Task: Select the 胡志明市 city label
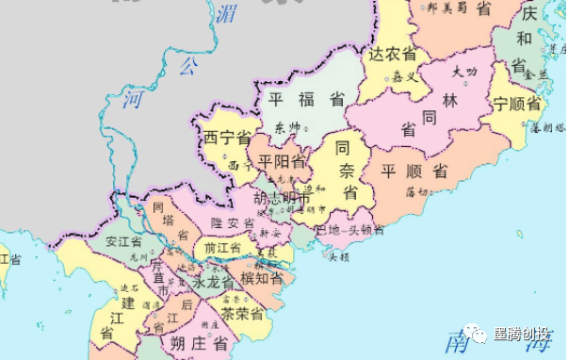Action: pyautogui.click(x=280, y=199)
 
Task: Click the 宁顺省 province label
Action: pyautogui.click(x=516, y=104)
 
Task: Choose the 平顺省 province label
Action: pyautogui.click(x=414, y=172)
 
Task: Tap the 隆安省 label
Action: pyautogui.click(x=231, y=223)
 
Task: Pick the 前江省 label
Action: pyautogui.click(x=218, y=247)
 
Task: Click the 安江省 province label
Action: pyautogui.click(x=124, y=239)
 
